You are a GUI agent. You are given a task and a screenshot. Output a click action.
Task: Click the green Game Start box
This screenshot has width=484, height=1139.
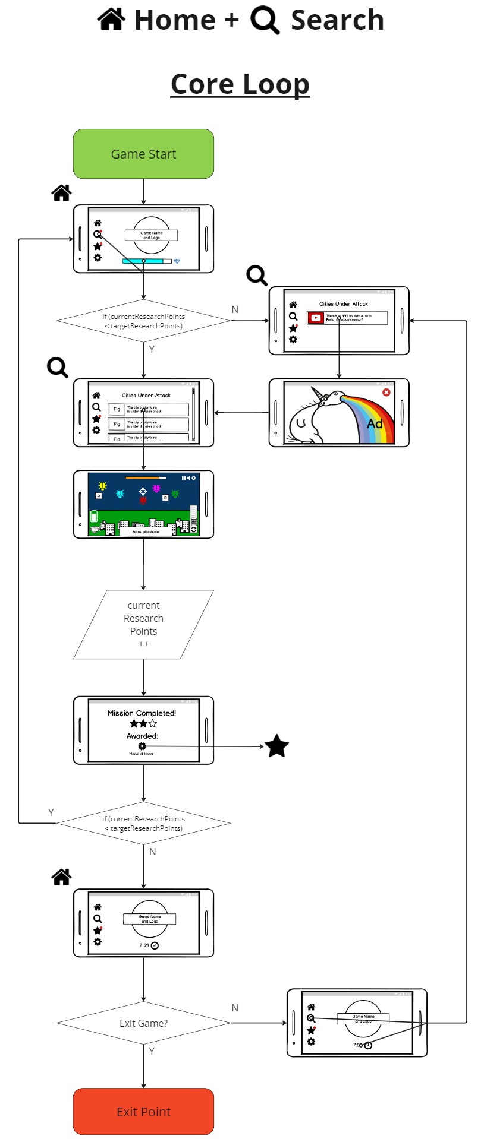pyautogui.click(x=143, y=154)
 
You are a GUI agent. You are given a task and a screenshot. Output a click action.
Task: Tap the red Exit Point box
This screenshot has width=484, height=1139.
pyautogui.click(x=143, y=1112)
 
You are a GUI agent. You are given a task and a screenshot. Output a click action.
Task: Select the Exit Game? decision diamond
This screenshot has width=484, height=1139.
pyautogui.click(x=143, y=1023)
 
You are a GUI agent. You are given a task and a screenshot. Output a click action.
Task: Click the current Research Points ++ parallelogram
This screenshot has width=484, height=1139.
pyautogui.click(x=143, y=624)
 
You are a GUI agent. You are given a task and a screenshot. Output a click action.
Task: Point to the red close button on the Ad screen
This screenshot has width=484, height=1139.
pyautogui.click(x=386, y=393)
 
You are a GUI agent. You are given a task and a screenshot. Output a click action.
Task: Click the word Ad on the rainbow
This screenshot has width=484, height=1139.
pyautogui.click(x=375, y=423)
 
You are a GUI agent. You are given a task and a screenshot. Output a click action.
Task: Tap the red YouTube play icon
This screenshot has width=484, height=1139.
pyautogui.click(x=316, y=318)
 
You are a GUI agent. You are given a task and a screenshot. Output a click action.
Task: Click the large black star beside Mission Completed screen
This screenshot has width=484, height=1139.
pyautogui.click(x=276, y=746)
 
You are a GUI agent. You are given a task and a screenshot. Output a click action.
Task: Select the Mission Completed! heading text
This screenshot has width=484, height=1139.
pyautogui.click(x=142, y=713)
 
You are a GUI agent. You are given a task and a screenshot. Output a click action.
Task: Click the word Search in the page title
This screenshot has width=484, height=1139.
pyautogui.click(x=337, y=20)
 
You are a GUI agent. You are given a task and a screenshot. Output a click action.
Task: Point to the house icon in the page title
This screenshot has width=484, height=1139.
pyautogui.click(x=111, y=19)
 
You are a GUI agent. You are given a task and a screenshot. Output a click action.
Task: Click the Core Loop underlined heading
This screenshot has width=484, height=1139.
pyautogui.click(x=240, y=84)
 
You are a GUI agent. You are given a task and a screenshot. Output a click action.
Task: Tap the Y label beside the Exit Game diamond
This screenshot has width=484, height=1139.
pyautogui.click(x=152, y=1051)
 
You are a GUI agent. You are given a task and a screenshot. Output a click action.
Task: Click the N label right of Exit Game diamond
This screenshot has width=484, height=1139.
pyautogui.click(x=235, y=1007)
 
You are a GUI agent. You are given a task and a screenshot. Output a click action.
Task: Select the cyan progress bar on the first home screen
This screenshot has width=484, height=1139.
pyautogui.click(x=143, y=261)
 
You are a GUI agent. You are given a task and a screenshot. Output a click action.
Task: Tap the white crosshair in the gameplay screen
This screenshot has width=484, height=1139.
pyautogui.click(x=143, y=491)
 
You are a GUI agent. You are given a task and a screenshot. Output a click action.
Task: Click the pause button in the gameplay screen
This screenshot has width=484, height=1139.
pyautogui.click(x=183, y=477)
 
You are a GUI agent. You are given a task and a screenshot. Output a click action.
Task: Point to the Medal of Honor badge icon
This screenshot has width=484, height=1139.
pyautogui.click(x=142, y=746)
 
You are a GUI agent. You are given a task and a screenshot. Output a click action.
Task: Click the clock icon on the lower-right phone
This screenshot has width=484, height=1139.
pyautogui.click(x=368, y=1045)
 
